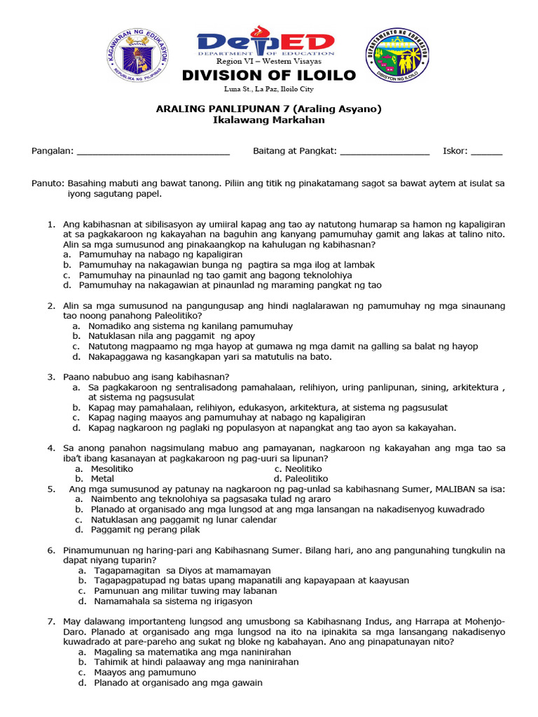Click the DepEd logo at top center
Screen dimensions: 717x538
265,44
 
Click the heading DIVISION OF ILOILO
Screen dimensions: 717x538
269,76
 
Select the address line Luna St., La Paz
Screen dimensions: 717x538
269,90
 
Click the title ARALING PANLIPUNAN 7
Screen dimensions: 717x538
268,109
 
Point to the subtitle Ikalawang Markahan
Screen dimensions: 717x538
268,120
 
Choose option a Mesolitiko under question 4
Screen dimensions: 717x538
111,468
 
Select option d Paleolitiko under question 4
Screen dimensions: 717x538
301,478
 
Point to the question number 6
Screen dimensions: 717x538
51,550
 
